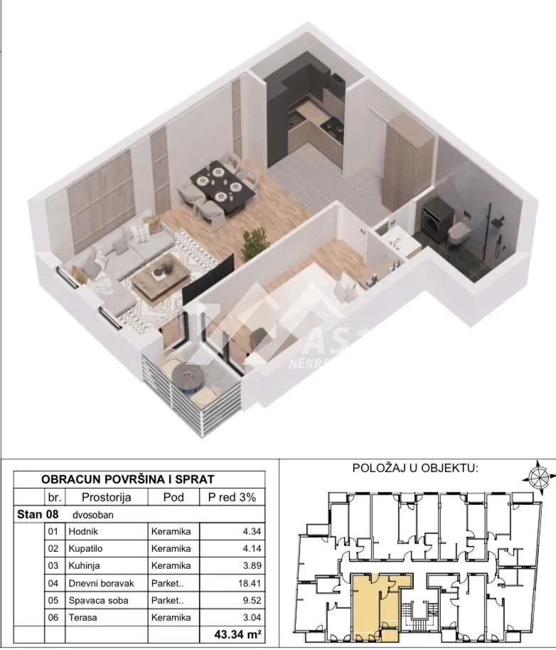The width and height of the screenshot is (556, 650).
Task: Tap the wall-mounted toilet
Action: [460, 231]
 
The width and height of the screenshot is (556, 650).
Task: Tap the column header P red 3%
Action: [232, 497]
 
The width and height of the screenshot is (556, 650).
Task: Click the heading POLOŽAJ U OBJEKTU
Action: [416, 468]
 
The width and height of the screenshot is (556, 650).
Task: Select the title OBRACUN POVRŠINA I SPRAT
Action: [128, 480]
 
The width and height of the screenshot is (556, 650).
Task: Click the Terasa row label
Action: [82, 617]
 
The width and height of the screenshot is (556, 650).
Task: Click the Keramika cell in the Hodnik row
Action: [171, 531]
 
